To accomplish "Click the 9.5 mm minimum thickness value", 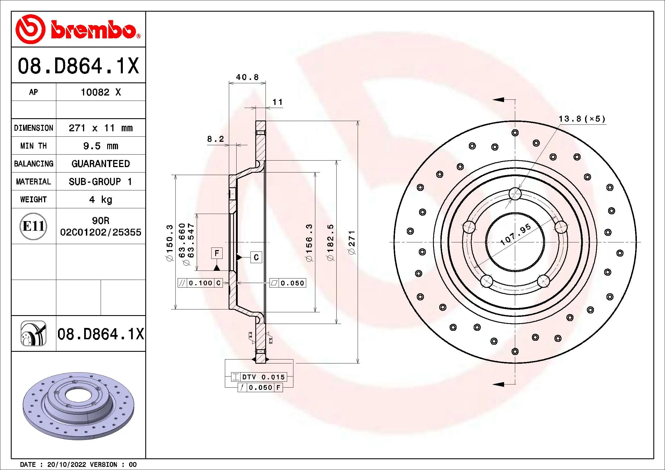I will (100, 146).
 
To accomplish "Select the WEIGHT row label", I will (33, 199).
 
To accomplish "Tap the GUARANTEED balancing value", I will (100, 164).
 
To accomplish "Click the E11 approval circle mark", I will (33, 226).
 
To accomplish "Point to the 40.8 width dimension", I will (247, 77).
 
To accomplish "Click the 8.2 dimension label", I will (215, 139).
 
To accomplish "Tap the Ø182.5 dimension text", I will (330, 242).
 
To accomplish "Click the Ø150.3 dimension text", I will (169, 242).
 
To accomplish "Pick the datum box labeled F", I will (217, 253).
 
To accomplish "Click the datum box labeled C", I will (256, 257).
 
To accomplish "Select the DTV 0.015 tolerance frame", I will (259, 377).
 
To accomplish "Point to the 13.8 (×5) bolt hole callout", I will (582, 119).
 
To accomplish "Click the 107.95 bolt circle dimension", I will (516, 234).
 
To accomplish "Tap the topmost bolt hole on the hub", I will (515, 194).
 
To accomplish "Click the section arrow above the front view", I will (499, 100).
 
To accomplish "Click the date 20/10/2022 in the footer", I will (67, 465).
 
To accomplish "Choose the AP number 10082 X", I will (100, 92).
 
